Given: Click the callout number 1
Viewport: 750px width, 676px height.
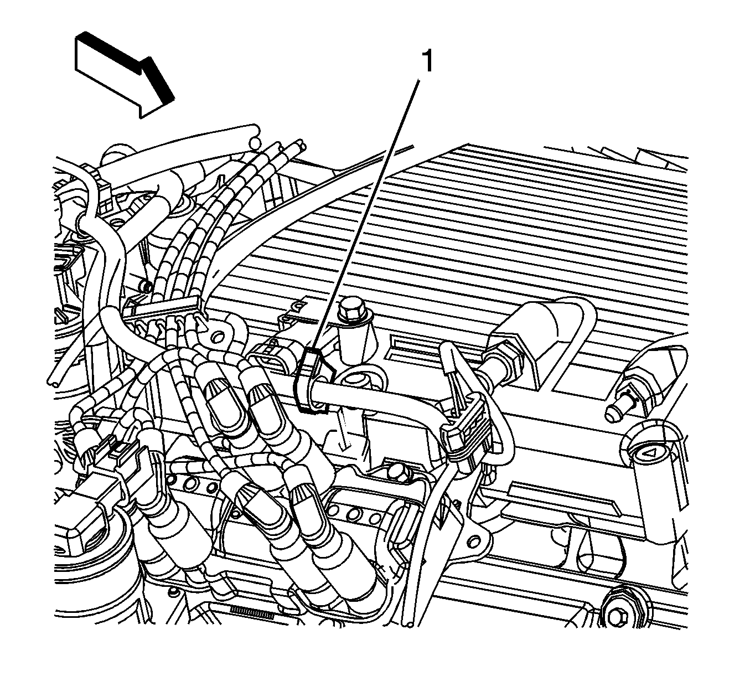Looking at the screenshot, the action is tap(427, 61).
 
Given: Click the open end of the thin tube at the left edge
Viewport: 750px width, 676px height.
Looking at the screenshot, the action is tap(52, 381).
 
